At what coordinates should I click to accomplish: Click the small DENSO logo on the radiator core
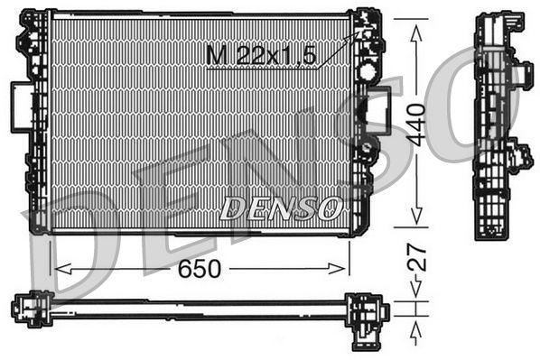click(x=279, y=208)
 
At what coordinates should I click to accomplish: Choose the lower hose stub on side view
click(x=518, y=156)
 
